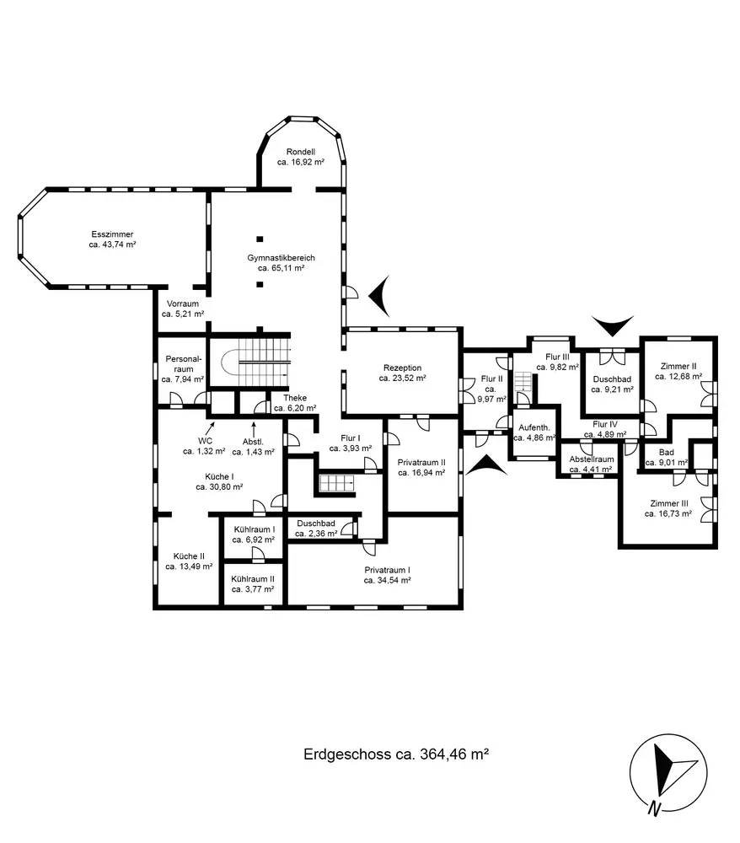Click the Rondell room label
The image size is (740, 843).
300,152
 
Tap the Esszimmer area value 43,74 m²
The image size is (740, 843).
113,244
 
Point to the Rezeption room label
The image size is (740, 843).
402,368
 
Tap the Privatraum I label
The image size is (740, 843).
388,570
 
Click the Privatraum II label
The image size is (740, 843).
422,462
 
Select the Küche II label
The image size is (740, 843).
189,556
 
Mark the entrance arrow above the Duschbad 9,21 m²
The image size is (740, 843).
613,324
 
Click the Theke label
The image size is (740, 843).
295,398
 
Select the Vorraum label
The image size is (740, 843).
183,303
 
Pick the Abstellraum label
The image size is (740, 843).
592,459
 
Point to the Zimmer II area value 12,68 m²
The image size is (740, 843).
678,377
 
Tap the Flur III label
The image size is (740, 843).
558,357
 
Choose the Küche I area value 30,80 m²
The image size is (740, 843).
219,486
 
